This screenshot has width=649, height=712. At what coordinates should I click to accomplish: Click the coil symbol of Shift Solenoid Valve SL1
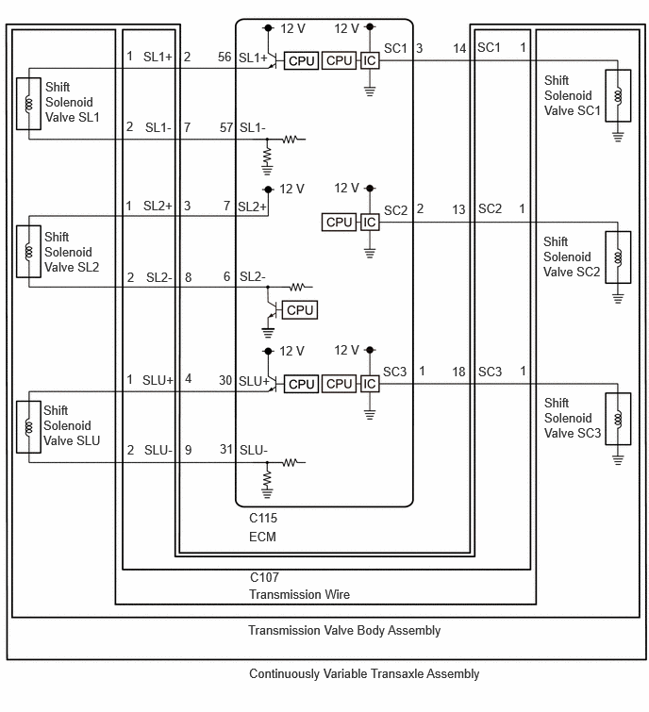(28, 104)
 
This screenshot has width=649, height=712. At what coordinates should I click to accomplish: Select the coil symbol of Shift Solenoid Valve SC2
(618, 257)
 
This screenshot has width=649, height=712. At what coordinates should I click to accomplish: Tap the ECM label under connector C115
(262, 537)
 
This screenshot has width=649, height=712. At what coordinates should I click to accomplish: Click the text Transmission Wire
(299, 594)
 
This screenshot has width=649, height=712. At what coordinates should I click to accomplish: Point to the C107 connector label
(264, 577)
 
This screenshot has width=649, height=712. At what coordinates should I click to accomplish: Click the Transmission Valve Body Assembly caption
(344, 630)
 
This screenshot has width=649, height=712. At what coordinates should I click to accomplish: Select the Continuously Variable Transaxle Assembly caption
(364, 674)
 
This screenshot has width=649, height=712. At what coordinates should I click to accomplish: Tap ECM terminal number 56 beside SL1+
(225, 57)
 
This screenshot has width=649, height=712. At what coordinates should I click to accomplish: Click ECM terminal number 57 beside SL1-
(226, 127)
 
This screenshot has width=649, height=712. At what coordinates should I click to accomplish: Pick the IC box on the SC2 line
(370, 222)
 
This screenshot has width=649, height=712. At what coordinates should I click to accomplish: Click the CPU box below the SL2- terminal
(300, 310)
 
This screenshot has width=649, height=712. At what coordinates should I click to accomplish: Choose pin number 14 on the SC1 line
(459, 48)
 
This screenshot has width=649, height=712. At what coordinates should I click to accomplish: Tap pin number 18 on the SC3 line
(458, 372)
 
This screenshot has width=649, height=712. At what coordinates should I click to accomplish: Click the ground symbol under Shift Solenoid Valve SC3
(618, 459)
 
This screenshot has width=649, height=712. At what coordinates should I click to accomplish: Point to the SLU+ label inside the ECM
(254, 381)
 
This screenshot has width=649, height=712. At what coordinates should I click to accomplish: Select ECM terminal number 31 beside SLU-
(226, 449)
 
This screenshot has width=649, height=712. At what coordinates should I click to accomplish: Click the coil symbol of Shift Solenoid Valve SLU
(28, 427)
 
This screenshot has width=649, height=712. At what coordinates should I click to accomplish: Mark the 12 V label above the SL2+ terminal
(291, 189)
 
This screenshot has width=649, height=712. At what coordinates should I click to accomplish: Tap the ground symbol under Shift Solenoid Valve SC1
(618, 136)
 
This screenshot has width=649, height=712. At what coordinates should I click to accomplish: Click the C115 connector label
(263, 518)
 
